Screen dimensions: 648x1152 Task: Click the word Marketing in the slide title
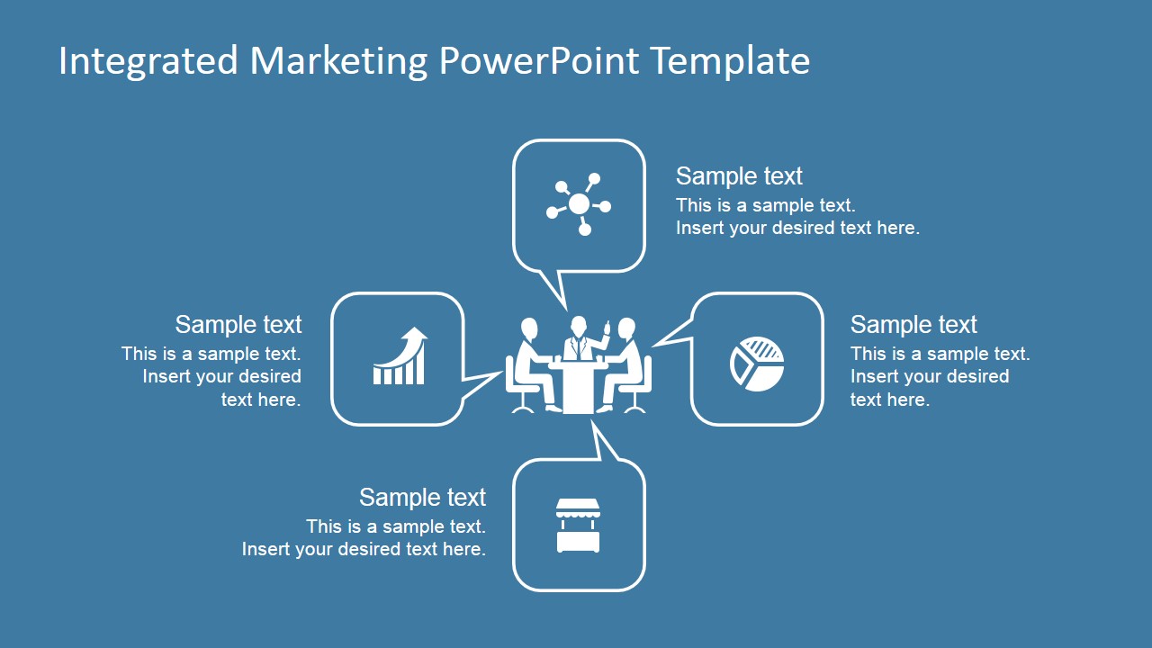[338, 61]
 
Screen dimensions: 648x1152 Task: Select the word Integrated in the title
[148, 61]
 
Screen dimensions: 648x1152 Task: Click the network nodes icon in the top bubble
[579, 205]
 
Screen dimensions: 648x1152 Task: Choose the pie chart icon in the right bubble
[757, 364]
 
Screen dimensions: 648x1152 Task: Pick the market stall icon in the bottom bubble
[578, 526]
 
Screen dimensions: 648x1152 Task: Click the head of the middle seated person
[579, 325]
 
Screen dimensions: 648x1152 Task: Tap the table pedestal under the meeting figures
[578, 391]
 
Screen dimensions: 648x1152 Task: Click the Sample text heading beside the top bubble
[739, 176]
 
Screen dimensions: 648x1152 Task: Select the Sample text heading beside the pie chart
[913, 325]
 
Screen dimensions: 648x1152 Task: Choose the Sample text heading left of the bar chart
[238, 325]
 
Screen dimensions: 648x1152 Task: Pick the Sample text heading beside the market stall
[422, 498]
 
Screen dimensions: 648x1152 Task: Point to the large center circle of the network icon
[579, 204]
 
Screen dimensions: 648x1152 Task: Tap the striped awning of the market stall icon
[578, 510]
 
